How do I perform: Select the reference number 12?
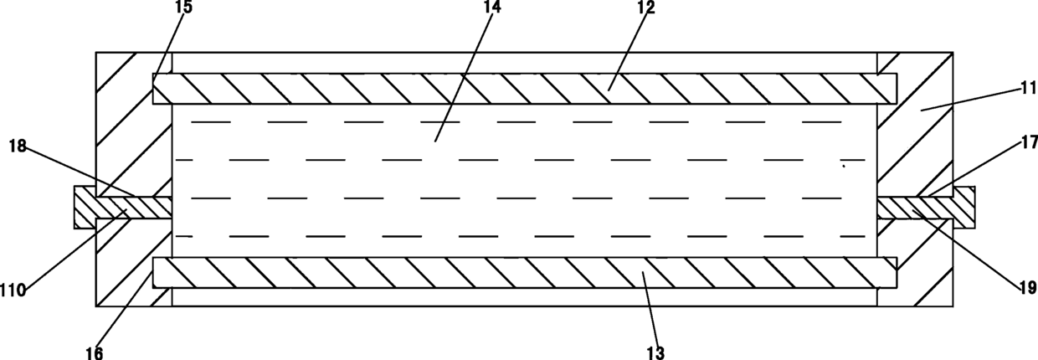646,8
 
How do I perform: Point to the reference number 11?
1021,85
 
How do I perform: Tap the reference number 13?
655,352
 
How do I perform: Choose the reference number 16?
94,352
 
